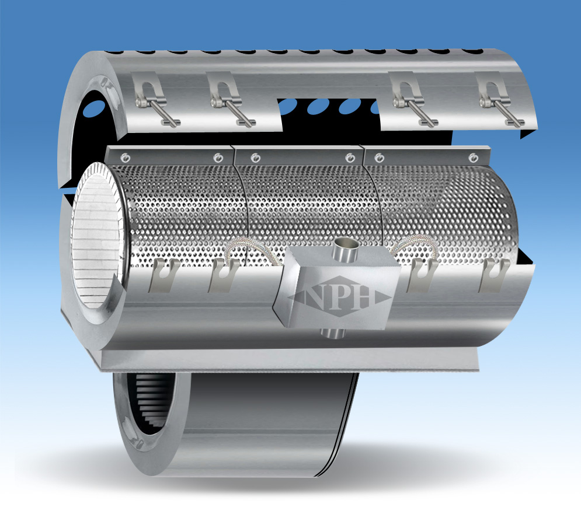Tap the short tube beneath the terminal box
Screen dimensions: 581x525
(x=332, y=333)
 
